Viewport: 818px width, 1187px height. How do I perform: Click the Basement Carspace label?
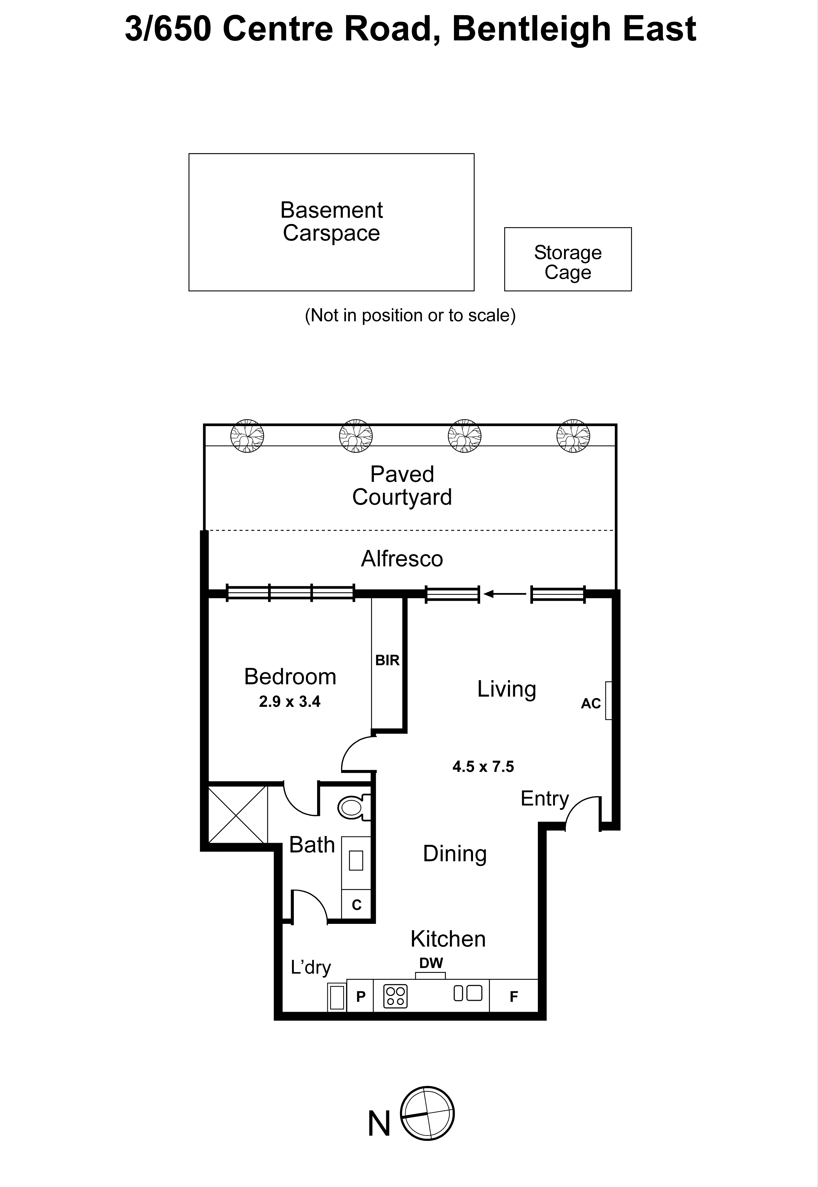tap(331, 222)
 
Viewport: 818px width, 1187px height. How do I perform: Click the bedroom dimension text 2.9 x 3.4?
tap(290, 701)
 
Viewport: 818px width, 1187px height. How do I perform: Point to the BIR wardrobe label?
tap(387, 660)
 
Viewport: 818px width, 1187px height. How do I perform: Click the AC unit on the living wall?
tap(608, 700)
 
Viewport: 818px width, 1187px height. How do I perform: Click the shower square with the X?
tap(238, 815)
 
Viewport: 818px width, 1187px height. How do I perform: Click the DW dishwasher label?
tap(431, 964)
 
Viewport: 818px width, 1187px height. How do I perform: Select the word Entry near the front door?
tap(544, 799)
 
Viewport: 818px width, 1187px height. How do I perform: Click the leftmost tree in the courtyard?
tap(247, 436)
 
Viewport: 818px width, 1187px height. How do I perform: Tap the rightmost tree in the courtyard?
tap(573, 436)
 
